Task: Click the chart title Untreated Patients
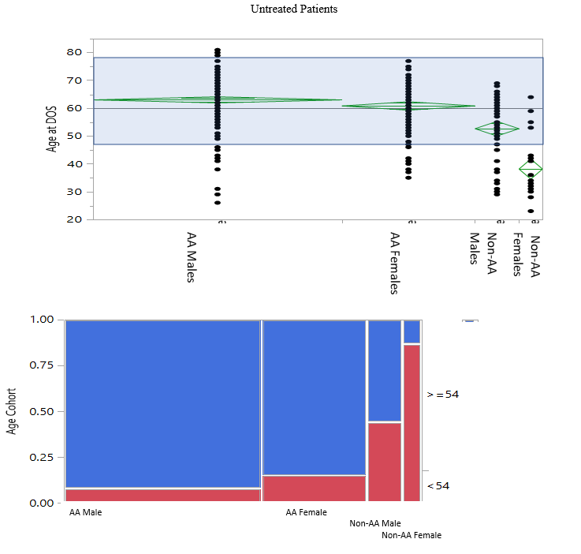(293, 9)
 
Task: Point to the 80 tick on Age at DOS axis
(74, 52)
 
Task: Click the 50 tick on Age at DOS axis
(74, 136)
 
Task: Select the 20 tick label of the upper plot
(74, 219)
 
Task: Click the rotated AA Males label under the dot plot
(191, 257)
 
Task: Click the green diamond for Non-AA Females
(531, 169)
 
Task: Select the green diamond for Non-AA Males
(497, 129)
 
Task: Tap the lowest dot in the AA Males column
(218, 203)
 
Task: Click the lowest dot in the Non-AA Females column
(531, 211)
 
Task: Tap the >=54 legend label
(442, 395)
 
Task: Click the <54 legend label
(438, 485)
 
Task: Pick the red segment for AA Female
(314, 488)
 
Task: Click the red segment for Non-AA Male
(384, 462)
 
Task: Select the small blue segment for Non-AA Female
(412, 331)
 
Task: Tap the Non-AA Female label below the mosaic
(412, 535)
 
